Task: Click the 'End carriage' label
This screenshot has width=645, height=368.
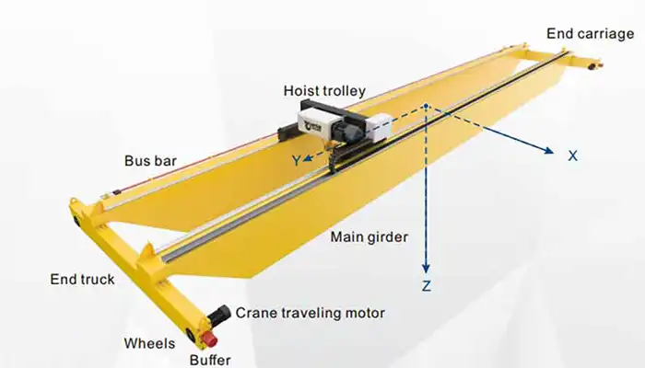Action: click(x=590, y=34)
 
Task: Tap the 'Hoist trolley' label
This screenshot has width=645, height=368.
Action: click(x=325, y=91)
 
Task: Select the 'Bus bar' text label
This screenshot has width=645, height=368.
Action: click(x=150, y=161)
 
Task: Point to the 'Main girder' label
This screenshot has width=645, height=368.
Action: click(x=369, y=238)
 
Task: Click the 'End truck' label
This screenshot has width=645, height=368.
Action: click(x=84, y=279)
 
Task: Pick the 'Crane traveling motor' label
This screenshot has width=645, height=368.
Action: click(x=310, y=313)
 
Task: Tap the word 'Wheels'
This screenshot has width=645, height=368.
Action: click(x=149, y=344)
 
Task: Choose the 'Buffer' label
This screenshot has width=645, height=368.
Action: click(x=210, y=360)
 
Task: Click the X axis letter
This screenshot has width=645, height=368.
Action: click(x=572, y=156)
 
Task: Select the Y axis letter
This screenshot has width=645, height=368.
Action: click(x=296, y=160)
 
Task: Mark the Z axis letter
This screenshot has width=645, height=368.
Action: click(x=426, y=286)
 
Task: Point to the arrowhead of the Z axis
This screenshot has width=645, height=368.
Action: click(x=426, y=265)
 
